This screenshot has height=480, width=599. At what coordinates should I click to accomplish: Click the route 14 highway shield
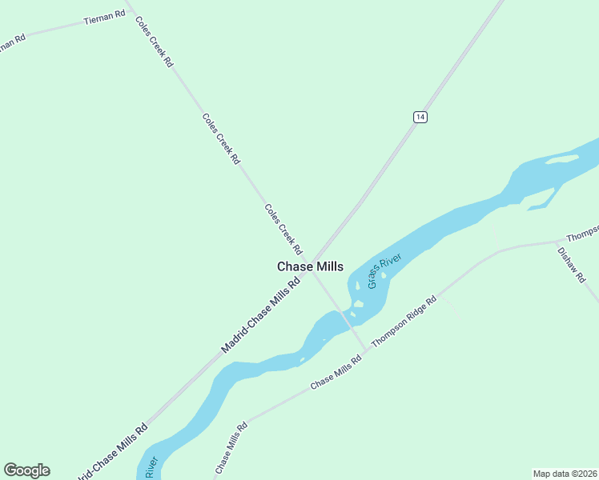tap(420, 117)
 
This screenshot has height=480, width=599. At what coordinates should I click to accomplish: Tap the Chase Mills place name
tap(310, 266)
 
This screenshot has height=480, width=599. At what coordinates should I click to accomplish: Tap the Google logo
tap(26, 470)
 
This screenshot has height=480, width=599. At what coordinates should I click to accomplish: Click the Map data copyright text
tap(565, 473)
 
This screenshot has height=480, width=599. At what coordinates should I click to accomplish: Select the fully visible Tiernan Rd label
tap(104, 18)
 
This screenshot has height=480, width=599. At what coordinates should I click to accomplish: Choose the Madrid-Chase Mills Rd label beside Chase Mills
tap(260, 315)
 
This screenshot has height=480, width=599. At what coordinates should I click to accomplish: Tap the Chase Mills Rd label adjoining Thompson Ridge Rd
tap(336, 372)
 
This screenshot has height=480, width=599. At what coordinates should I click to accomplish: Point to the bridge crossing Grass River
tap(346, 315)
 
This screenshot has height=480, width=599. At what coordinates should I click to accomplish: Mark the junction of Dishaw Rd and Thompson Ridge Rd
tap(557, 240)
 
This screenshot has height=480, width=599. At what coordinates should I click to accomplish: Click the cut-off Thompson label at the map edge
tap(582, 233)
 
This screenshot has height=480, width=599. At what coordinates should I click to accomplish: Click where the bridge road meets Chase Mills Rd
tap(368, 349)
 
